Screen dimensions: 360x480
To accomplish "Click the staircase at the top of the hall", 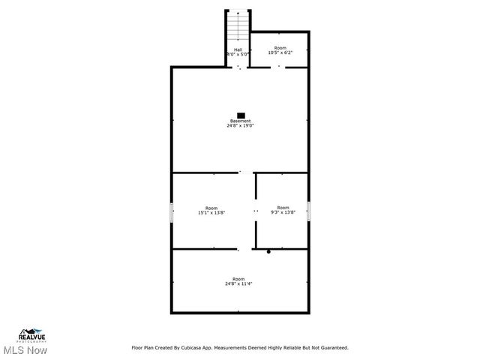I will click(x=238, y=28).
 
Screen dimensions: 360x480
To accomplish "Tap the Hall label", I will click(x=238, y=49).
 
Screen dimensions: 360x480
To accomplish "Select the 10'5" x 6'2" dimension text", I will click(x=280, y=52).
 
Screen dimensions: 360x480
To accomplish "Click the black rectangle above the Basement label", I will click(x=241, y=115).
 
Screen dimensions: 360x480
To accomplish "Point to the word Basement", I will click(x=241, y=121).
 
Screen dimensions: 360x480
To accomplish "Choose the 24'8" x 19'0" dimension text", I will click(x=241, y=125).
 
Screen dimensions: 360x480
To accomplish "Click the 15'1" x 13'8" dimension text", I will click(x=211, y=212).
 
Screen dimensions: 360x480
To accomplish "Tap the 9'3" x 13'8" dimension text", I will click(x=283, y=212).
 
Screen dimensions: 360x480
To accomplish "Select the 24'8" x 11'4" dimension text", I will click(x=238, y=283).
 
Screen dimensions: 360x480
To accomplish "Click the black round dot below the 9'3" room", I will click(x=268, y=252).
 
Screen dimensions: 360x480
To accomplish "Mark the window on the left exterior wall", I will click(x=172, y=211).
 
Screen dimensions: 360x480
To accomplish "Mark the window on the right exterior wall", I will click(x=308, y=211).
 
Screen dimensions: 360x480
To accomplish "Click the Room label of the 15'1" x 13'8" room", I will click(x=211, y=208).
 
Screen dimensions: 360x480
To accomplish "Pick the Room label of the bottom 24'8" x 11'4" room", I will click(x=238, y=279).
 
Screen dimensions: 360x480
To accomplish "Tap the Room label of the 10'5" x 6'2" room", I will click(x=280, y=48).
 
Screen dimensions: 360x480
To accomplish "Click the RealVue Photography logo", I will click(x=33, y=335).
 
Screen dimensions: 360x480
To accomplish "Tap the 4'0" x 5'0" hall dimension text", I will click(x=238, y=54).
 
